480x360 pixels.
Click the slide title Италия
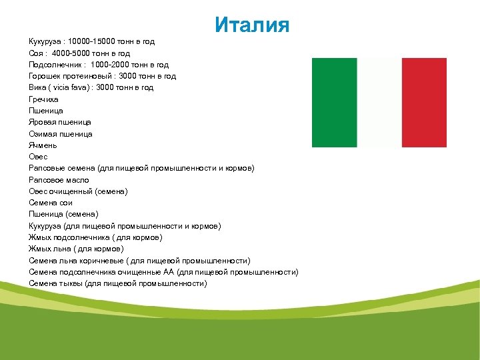(252, 25)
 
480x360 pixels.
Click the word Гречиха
(44, 99)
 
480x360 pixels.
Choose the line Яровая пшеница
(60, 122)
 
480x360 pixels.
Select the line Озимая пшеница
(61, 134)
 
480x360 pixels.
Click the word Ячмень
(43, 145)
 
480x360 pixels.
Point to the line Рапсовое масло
(59, 180)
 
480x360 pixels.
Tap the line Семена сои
(51, 203)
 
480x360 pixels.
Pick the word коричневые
(101, 261)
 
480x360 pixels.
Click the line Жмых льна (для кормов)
(76, 249)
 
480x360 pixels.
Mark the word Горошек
(45, 76)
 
